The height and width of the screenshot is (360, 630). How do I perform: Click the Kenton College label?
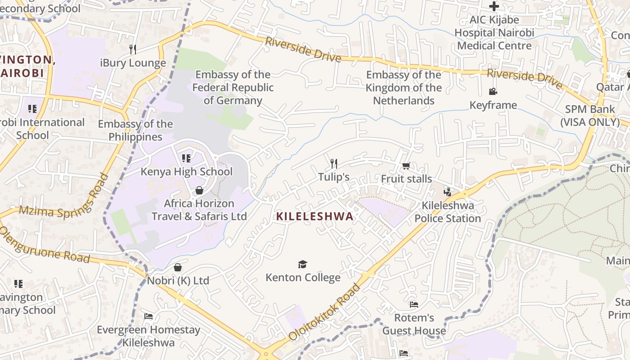pos(303,277)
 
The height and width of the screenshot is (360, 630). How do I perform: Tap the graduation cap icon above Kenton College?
pos(302,264)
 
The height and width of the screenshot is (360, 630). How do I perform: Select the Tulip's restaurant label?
pos(333,177)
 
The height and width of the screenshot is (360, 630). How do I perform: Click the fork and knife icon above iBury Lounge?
pos(132,49)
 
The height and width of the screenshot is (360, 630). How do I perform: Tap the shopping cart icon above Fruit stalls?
pos(406,166)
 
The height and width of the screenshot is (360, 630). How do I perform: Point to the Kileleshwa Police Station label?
pos(447,212)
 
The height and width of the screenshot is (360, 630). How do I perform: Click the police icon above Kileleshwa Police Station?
pos(447,192)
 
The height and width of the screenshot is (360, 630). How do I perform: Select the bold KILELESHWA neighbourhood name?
pos(315,216)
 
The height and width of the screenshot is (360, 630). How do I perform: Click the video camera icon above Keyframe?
pos(493,92)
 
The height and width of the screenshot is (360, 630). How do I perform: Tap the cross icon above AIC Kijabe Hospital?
pos(494,6)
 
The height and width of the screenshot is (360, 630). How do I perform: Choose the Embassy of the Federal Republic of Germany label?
pos(233,87)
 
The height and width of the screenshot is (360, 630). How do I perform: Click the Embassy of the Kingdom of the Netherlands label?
pos(404,87)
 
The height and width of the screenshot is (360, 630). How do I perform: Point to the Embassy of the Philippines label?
pos(135,130)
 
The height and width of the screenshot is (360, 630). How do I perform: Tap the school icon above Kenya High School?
pos(186,158)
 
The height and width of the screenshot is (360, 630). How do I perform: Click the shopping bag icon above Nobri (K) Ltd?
pos(178,268)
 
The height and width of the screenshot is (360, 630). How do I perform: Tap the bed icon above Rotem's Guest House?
pos(414,305)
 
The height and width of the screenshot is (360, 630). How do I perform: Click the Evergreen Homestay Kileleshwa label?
pos(148,336)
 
